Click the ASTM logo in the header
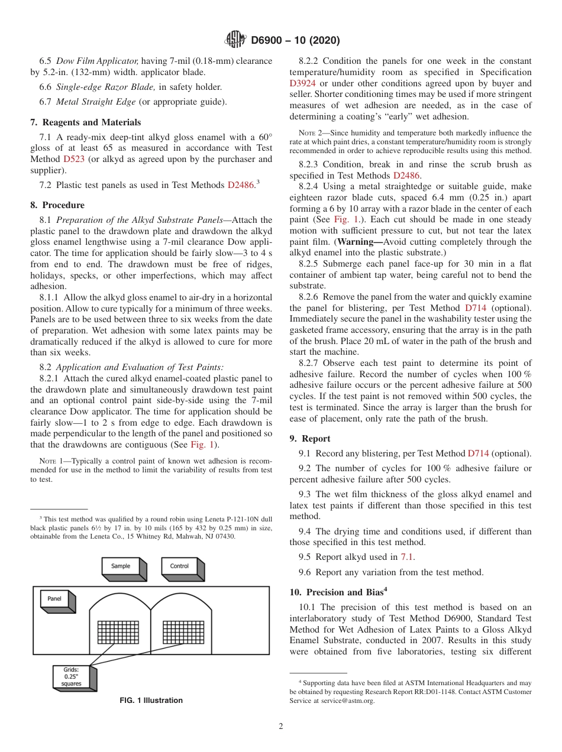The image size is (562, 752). [236, 40]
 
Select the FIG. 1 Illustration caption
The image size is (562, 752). [151, 700]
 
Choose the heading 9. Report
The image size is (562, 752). [310, 438]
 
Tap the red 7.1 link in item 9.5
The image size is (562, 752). [407, 557]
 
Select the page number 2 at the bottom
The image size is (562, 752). [281, 726]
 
